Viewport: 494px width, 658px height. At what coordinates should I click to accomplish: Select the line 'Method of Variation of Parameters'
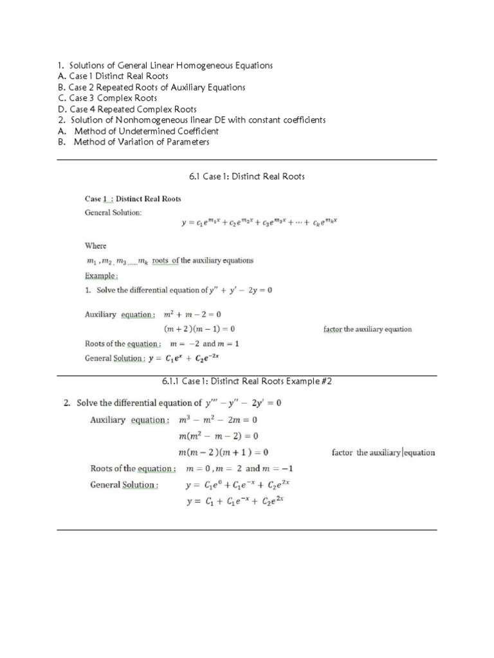click(x=142, y=142)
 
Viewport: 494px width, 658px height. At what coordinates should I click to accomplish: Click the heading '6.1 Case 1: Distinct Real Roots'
click(x=247, y=176)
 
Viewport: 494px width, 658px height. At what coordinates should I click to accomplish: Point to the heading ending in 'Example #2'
click(x=247, y=382)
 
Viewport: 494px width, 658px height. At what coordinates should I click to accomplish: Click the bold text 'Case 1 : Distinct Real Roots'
click(x=133, y=199)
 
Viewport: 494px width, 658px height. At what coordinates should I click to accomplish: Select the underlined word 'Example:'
click(x=102, y=276)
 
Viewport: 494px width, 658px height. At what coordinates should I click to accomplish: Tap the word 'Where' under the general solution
click(x=96, y=245)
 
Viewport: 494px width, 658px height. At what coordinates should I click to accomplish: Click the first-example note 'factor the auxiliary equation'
click(x=367, y=330)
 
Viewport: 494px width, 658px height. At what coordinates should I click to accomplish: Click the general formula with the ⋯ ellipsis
click(x=259, y=224)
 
